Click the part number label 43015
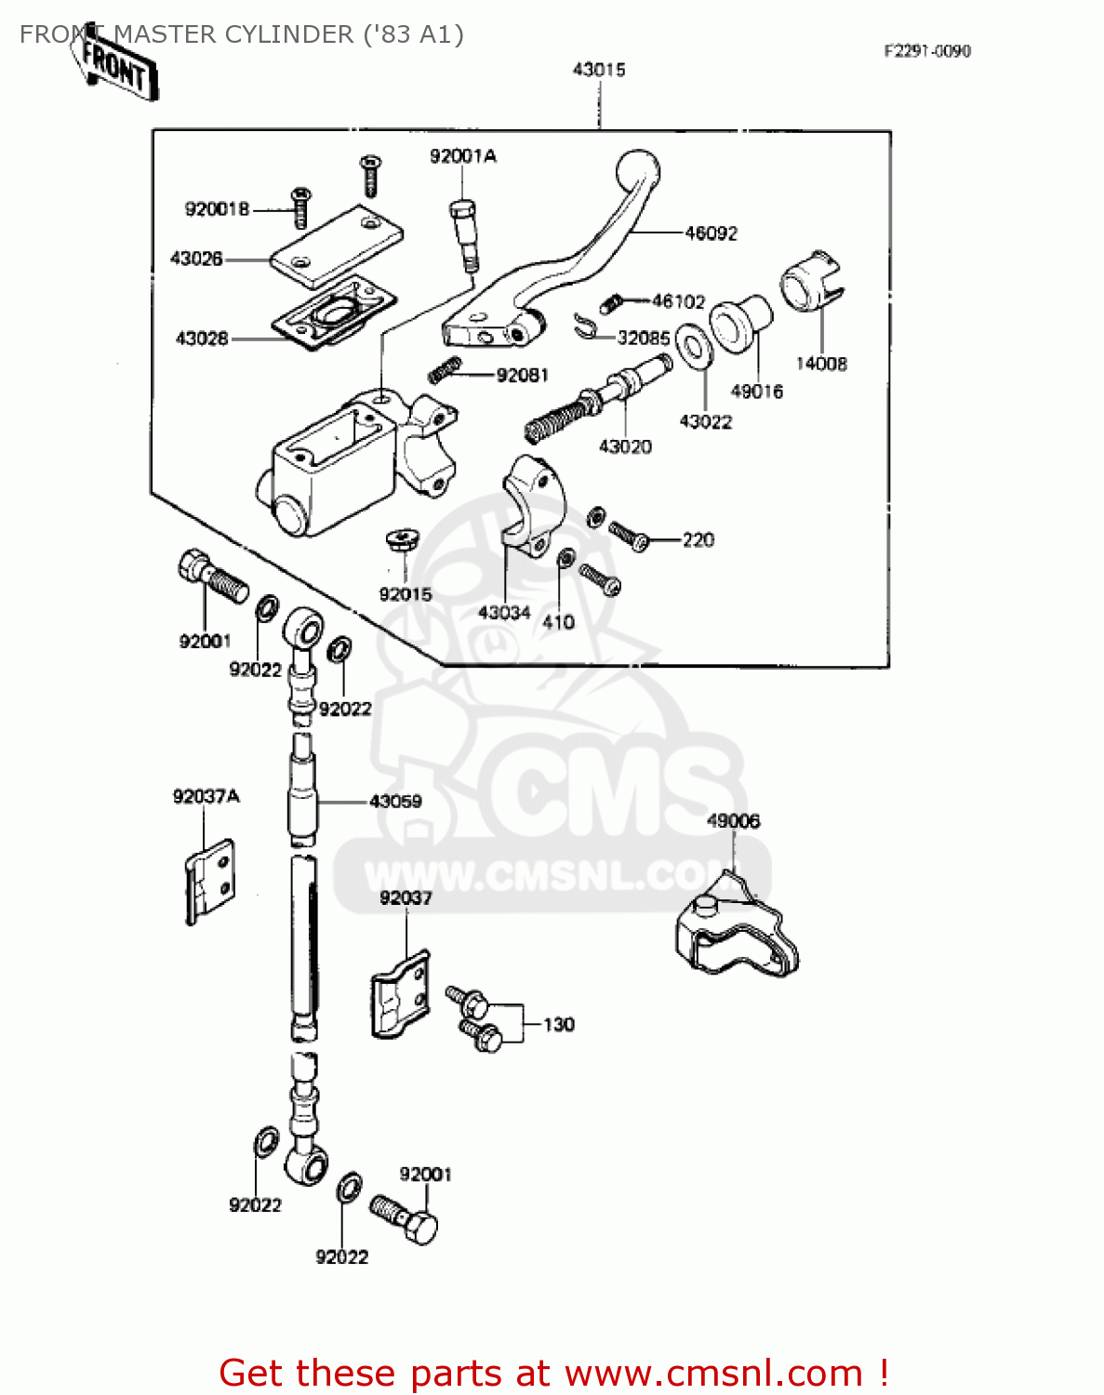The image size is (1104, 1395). pyautogui.click(x=599, y=70)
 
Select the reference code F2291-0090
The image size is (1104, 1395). pyautogui.click(x=926, y=51)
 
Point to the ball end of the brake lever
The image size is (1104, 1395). pyautogui.click(x=638, y=173)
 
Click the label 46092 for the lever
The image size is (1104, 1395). pyautogui.click(x=711, y=233)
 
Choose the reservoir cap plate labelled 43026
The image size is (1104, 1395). pyautogui.click(x=337, y=246)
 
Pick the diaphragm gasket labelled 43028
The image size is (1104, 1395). pyautogui.click(x=334, y=312)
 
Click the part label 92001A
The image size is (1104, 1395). pyautogui.click(x=462, y=156)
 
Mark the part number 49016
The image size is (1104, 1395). pyautogui.click(x=756, y=392)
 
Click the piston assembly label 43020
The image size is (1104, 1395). pyautogui.click(x=625, y=446)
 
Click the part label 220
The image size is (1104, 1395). pyautogui.click(x=698, y=540)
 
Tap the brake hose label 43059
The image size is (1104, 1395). pyautogui.click(x=395, y=801)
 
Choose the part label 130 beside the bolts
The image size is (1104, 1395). pyautogui.click(x=558, y=1025)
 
